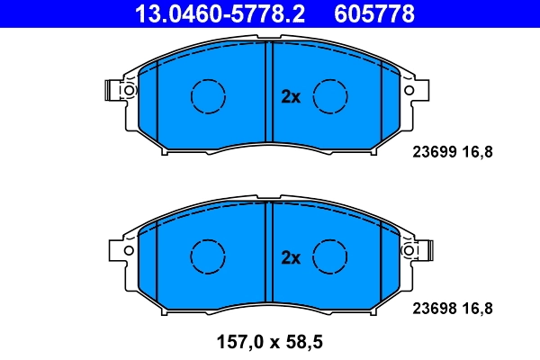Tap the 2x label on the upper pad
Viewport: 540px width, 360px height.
coord(290,97)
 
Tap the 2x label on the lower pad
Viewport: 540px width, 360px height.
coord(290,258)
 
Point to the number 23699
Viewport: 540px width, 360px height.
coord(432,152)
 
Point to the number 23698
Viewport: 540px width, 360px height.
coord(432,308)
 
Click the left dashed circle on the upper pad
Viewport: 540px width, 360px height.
coord(209,95)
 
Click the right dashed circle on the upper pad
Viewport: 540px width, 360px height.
coord(330,95)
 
